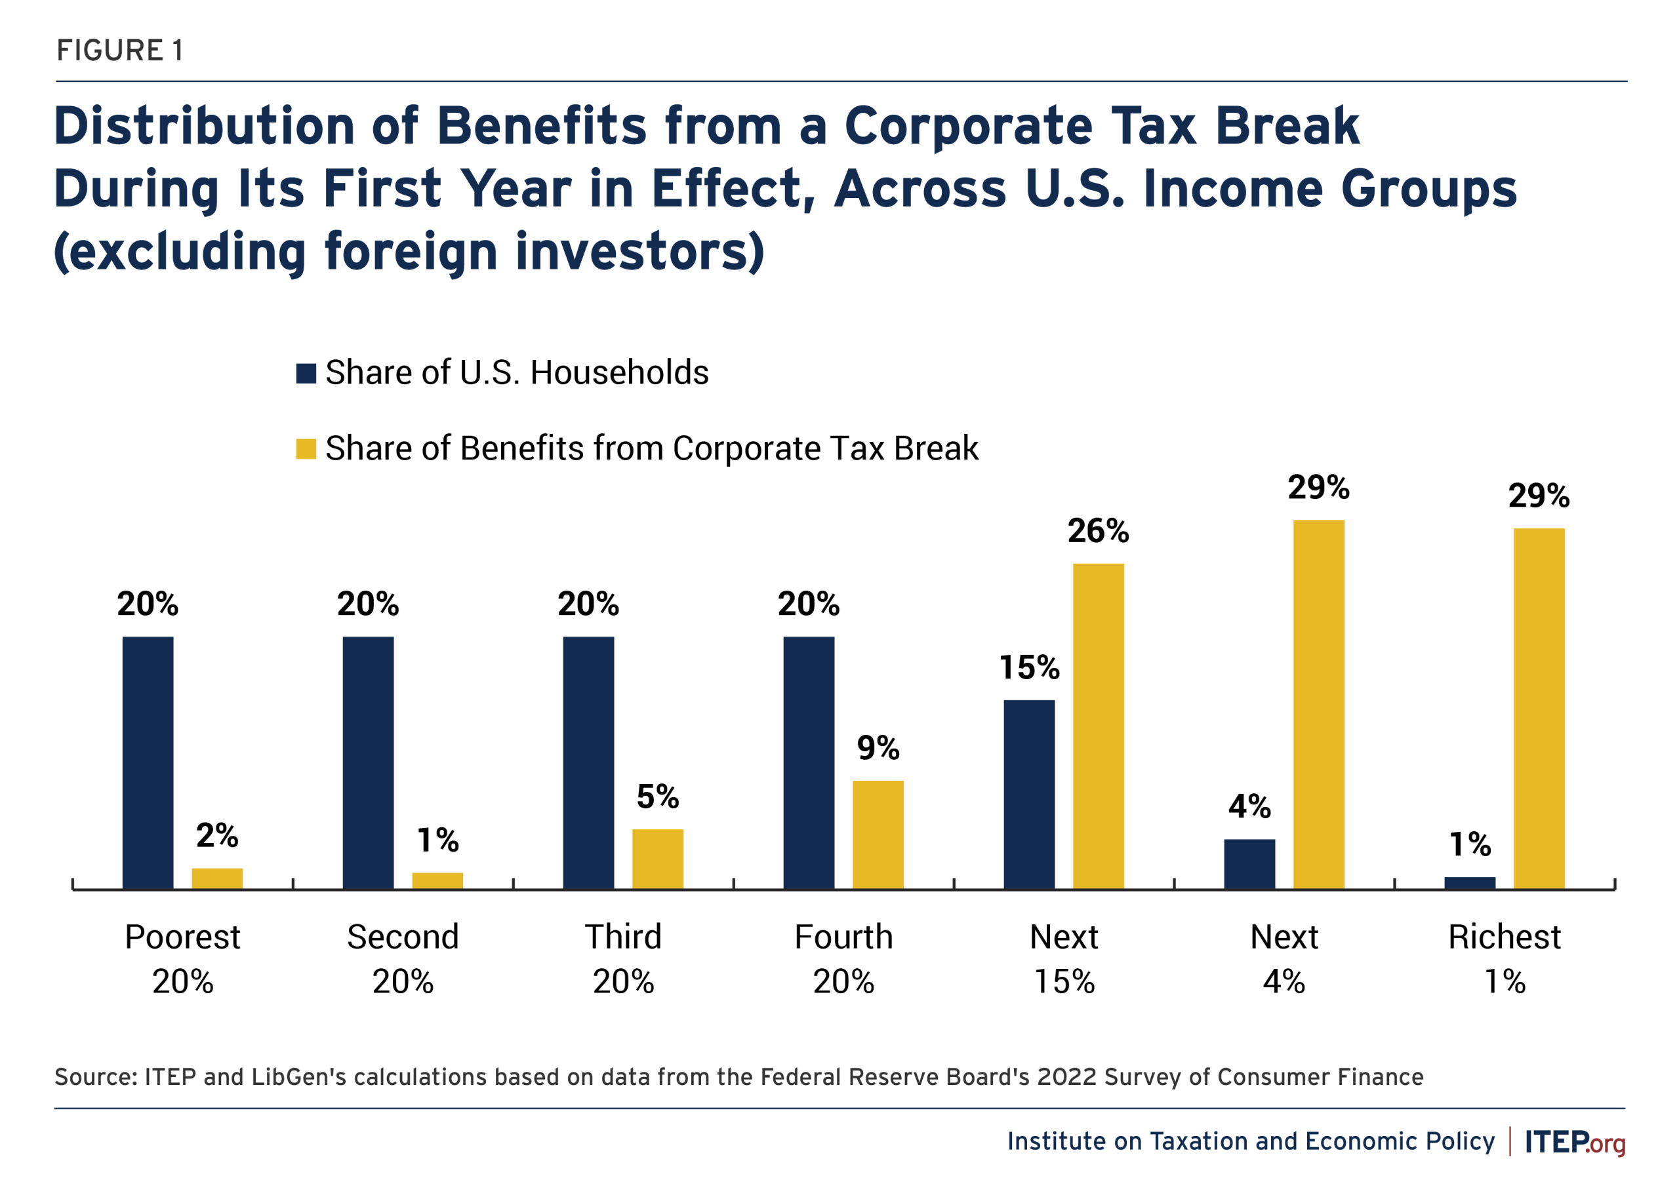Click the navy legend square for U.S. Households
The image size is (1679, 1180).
[x=306, y=373]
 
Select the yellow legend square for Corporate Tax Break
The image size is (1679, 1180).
[x=306, y=449]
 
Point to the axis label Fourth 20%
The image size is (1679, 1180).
[x=843, y=958]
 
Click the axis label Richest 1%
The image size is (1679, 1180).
[x=1505, y=958]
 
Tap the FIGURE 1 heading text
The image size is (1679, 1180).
[x=120, y=50]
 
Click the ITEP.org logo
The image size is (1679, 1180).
[x=1575, y=1142]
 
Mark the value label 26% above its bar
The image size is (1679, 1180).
[x=1098, y=531]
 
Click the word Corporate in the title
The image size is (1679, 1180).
[x=966, y=126]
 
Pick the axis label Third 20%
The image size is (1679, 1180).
[x=623, y=958]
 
